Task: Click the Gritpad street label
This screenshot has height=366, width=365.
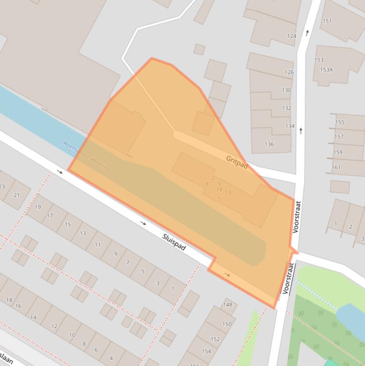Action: coord(237,162)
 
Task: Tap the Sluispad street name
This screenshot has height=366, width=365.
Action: coord(174,242)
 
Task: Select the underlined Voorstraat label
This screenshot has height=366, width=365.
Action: coord(289,279)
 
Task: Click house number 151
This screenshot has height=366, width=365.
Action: coord(327,21)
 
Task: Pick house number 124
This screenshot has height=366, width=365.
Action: coord(291,36)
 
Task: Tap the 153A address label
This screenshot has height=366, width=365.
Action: coord(326,70)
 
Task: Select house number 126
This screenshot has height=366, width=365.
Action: coord(289,73)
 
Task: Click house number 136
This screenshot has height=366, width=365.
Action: coord(269,144)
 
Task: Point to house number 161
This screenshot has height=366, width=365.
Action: coord(336,167)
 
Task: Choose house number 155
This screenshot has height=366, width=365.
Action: coord(339,122)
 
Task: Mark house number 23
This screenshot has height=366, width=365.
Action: coord(2,186)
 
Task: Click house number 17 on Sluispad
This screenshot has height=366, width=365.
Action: coord(50,216)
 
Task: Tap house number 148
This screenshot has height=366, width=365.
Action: coord(227,305)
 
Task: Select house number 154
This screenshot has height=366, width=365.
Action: coord(206,351)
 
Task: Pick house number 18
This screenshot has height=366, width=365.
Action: coord(9,300)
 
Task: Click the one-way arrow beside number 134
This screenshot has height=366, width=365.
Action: coord(301,130)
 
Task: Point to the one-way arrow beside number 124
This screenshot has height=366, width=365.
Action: coord(308,33)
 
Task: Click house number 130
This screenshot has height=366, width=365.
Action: coord(286,90)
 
